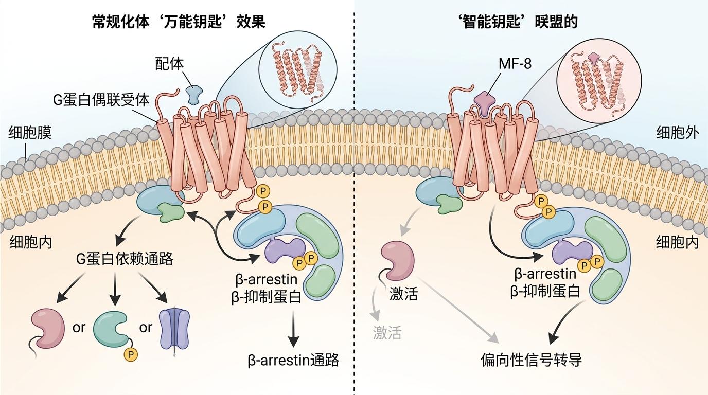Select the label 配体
click(169, 64)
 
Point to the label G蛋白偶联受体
click(101, 99)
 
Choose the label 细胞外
click(677, 133)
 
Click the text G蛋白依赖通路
click(125, 259)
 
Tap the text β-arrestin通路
click(293, 360)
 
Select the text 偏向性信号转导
click(531, 360)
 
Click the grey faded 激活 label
click(387, 333)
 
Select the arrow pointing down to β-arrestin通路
click(293, 329)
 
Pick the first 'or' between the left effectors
click(79, 328)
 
